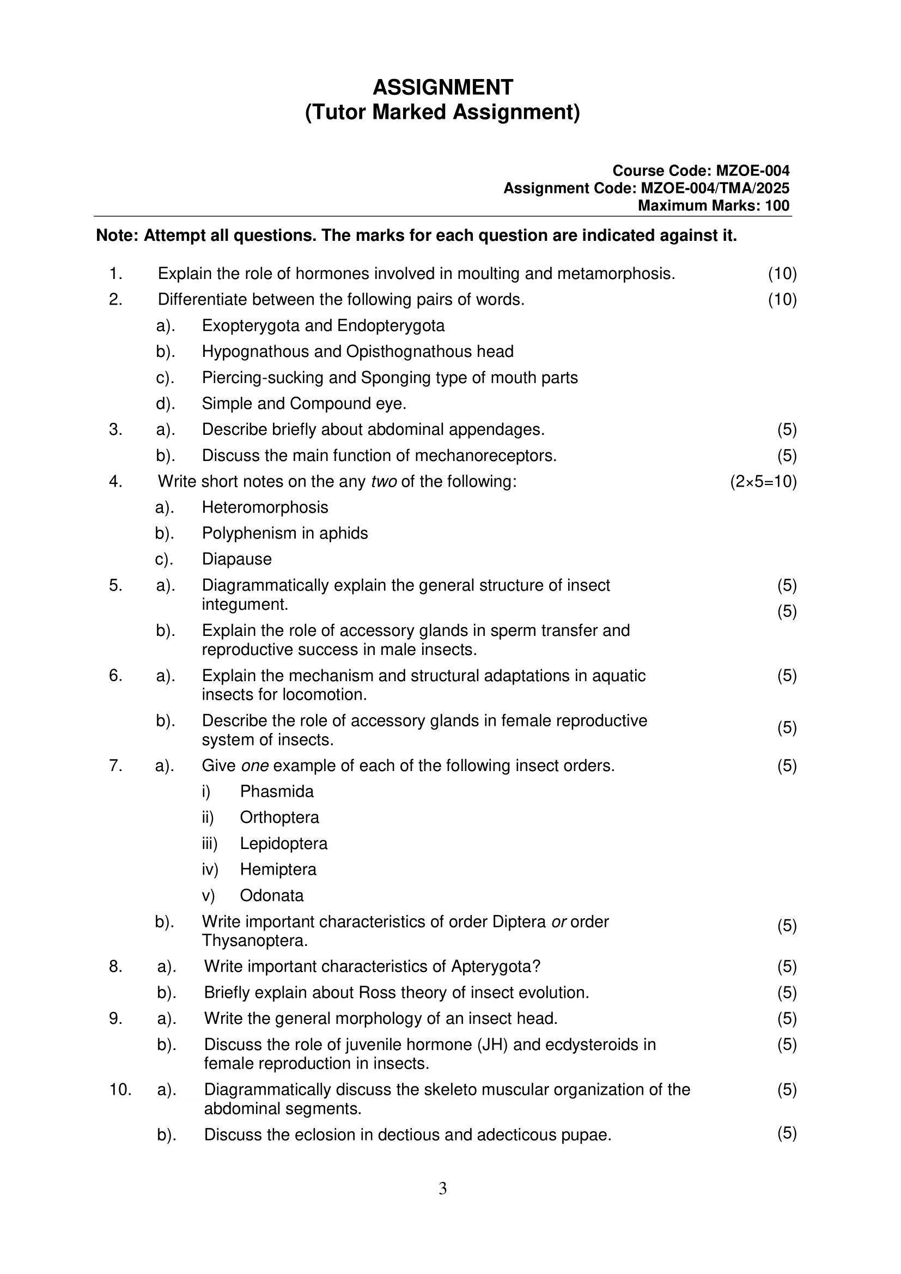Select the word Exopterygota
click(251, 326)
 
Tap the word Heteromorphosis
click(265, 508)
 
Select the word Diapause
click(236, 559)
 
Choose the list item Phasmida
click(276, 792)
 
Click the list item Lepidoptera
click(283, 844)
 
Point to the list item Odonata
click(271, 896)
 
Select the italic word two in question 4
click(383, 482)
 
